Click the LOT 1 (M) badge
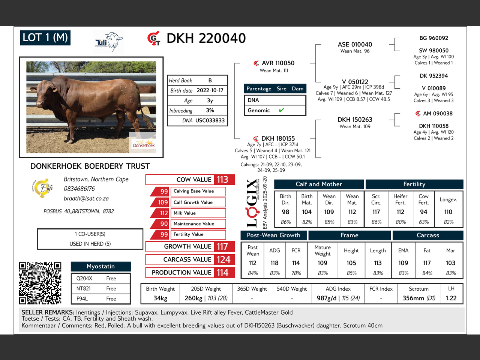coord(45,37)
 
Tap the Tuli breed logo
coord(109,42)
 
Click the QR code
coord(40,283)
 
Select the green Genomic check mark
coord(281,110)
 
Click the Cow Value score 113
coord(222,180)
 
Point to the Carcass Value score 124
coord(223,259)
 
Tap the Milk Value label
coord(184,213)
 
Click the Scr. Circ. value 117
coord(376,212)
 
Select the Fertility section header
coord(414,184)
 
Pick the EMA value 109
coord(403,263)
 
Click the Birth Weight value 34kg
coord(160,298)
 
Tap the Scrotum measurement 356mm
coord(413,298)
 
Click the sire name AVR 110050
coord(278,63)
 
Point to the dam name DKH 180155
coord(278,139)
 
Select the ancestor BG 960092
coord(433,38)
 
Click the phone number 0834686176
coord(79,189)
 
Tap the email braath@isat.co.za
coord(86,199)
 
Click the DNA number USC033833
coord(210,120)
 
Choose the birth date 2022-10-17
coord(210,90)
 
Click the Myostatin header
coord(100,266)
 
